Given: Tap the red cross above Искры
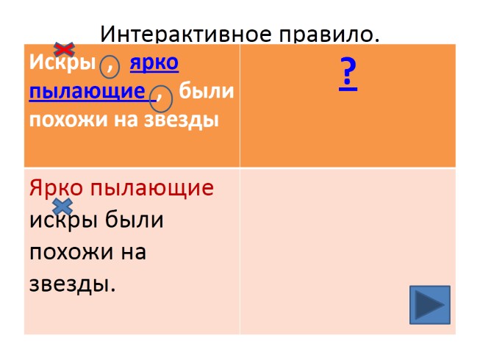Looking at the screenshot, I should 65,49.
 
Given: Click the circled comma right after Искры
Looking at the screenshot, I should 110,67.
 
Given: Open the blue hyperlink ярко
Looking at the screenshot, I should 154,64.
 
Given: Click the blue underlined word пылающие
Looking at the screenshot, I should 87,92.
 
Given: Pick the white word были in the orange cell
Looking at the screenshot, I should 207,92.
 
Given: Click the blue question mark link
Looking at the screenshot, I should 348,73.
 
